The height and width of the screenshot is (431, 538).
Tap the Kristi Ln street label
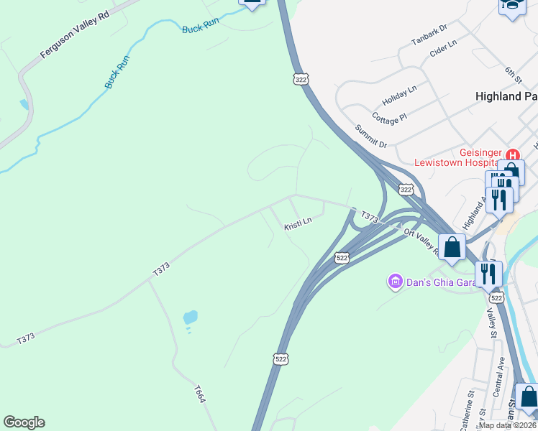click(x=298, y=224)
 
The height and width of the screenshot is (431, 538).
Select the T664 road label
click(x=200, y=394)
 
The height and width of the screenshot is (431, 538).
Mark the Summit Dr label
click(x=371, y=136)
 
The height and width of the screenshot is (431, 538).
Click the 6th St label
click(x=511, y=73)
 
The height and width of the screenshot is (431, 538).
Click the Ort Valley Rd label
click(x=421, y=241)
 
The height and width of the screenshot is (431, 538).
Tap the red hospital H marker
click(x=512, y=155)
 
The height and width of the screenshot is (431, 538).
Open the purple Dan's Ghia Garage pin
click(x=394, y=280)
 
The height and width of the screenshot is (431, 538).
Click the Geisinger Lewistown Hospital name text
click(x=458, y=157)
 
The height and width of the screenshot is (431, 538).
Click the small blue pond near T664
click(x=190, y=317)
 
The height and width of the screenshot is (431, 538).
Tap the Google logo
click(x=24, y=422)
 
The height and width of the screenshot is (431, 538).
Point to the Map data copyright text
click(x=508, y=425)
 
